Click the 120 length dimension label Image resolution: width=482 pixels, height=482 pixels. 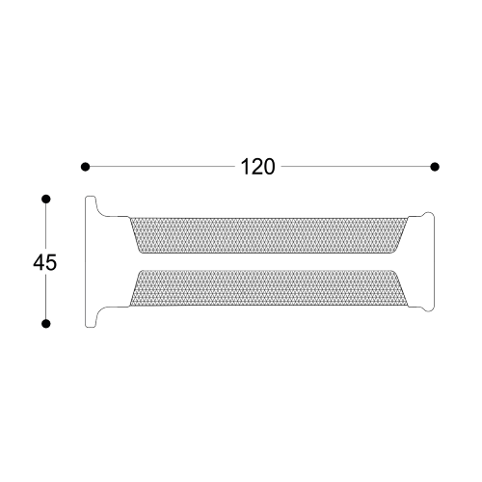(257, 167)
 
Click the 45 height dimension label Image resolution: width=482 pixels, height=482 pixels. (45, 262)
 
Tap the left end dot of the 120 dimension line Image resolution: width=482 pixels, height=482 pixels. (85, 167)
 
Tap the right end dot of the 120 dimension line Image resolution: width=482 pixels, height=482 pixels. (435, 167)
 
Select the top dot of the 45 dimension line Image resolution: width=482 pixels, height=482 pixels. (46, 200)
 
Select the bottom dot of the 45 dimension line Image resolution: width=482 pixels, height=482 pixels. (46, 324)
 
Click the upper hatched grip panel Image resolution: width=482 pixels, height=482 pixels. (269, 235)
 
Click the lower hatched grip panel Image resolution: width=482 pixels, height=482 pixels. (269, 288)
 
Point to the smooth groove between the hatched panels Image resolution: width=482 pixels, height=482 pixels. (269, 261)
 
